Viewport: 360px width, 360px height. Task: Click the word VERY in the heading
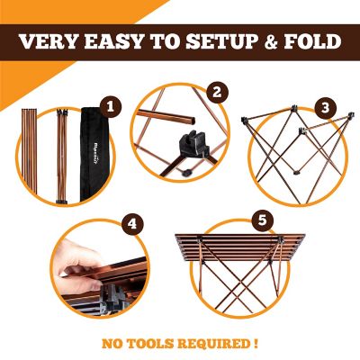pyautogui.click(x=50, y=42)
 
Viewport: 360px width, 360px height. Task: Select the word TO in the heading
pyautogui.click(x=162, y=42)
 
